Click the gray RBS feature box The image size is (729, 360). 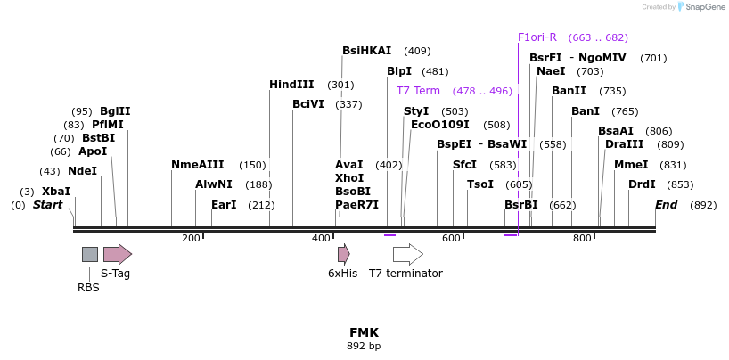[90, 255]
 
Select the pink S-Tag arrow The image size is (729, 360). [118, 254]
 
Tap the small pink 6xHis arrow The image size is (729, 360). [344, 255]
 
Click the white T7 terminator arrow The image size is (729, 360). [408, 255]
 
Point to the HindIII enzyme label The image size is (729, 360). [291, 85]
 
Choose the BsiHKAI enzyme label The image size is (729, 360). [367, 50]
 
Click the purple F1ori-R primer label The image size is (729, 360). [537, 37]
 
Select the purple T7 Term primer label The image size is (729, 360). [418, 91]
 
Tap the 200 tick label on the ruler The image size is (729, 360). [191, 238]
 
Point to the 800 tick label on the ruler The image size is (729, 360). [582, 238]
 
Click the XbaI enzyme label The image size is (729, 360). [56, 192]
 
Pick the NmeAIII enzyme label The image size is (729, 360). [198, 165]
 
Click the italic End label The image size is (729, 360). [667, 205]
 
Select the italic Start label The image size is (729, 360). [47, 205]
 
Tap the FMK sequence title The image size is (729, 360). [364, 332]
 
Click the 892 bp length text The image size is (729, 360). [364, 346]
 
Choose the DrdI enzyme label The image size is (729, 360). [642, 184]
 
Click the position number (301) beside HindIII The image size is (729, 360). [340, 86]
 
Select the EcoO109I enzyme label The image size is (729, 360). [440, 125]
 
